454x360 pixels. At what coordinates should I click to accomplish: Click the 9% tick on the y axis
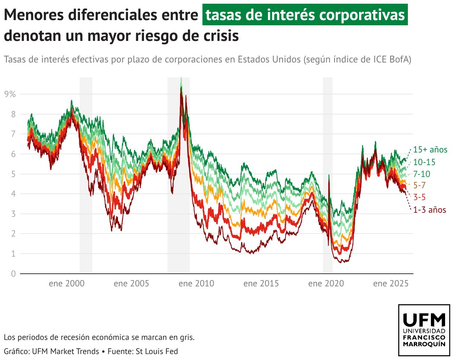pos(10,94)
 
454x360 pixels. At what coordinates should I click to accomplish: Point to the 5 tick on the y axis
pos(13,174)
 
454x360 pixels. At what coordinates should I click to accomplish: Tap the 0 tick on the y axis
pos(13,274)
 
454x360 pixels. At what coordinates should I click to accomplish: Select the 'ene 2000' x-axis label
pos(67,284)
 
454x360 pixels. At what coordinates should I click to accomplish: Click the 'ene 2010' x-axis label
pos(196,284)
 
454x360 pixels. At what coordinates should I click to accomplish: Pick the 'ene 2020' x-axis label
pos(326,284)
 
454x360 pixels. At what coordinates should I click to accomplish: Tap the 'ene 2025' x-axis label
pos(391,284)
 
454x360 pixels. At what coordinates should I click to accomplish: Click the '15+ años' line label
pos(430,150)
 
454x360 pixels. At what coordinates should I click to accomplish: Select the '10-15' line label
pos(424,162)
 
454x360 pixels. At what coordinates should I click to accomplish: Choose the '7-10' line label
pos(422,174)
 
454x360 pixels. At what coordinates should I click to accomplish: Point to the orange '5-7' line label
pos(419,185)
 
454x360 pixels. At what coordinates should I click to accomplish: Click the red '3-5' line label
pos(419,197)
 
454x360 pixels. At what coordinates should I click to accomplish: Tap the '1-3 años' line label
pos(429,210)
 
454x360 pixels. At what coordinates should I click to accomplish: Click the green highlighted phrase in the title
pos(305,15)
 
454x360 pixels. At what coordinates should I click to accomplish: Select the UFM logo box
pos(424,330)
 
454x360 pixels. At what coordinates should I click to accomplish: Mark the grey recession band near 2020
pos(327,175)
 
